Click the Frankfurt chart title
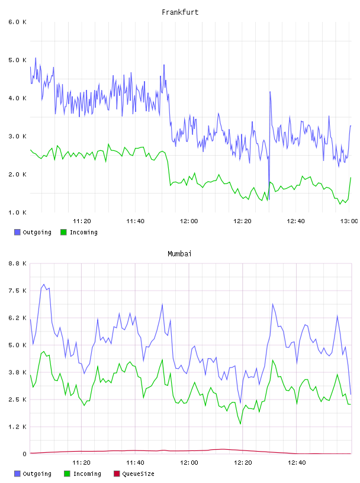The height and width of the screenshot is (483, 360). tap(180, 12)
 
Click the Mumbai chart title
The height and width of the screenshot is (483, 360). tap(179, 254)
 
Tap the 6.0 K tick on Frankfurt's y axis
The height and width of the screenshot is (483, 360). tap(17, 22)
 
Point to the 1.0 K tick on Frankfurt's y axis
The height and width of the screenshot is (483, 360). tap(17, 212)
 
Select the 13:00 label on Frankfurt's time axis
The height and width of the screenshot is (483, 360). tap(349, 221)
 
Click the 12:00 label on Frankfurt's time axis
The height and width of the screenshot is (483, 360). tap(189, 221)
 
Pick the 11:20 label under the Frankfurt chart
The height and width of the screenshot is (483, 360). tap(82, 221)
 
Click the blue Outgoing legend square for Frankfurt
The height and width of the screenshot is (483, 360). tap(17, 232)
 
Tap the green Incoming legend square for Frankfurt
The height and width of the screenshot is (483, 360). tap(63, 232)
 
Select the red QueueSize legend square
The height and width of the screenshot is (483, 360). tap(117, 474)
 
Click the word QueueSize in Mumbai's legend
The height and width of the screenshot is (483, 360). tap(138, 474)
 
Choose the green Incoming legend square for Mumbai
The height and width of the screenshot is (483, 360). tap(67, 474)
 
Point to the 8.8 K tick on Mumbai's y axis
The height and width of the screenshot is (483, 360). tap(17, 263)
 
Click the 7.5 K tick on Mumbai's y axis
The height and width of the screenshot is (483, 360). tap(17, 291)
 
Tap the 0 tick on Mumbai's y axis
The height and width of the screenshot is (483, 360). tap(24, 454)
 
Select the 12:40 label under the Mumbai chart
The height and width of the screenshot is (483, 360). tap(297, 462)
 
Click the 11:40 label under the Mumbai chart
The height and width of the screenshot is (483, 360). tap(135, 462)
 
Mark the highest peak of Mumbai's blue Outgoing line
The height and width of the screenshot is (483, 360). tap(44, 284)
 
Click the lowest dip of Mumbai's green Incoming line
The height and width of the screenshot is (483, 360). tap(240, 424)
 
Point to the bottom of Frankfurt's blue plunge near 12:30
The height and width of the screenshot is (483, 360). tap(269, 199)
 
